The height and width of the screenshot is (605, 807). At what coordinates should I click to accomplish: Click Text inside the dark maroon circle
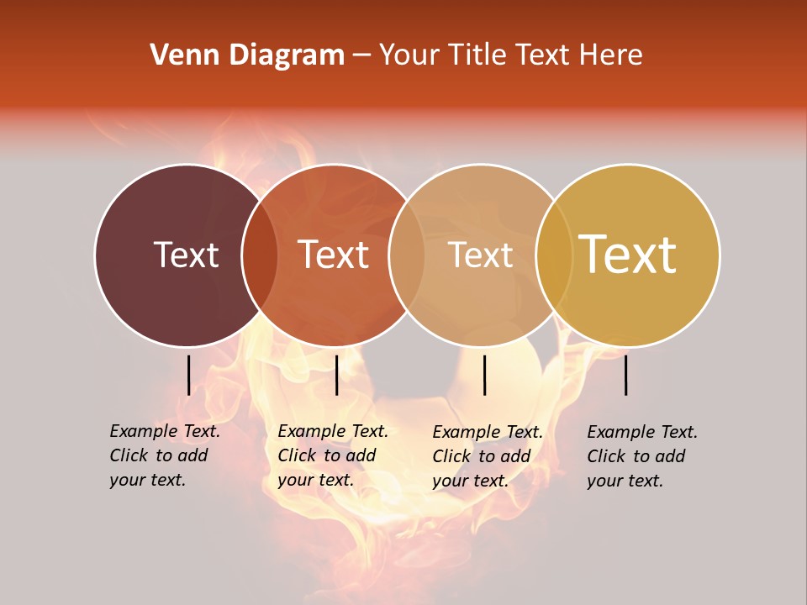tap(186, 255)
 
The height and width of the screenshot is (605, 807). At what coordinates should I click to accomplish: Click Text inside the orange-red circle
tap(333, 255)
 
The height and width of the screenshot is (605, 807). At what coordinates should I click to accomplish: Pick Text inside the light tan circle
tap(481, 255)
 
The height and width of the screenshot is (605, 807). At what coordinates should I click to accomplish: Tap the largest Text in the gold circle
tap(628, 254)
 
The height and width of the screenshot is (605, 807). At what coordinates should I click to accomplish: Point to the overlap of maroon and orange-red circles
tap(260, 255)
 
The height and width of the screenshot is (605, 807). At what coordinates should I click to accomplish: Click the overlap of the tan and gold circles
tap(553, 255)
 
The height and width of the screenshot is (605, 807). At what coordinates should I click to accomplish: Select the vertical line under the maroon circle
tap(188, 375)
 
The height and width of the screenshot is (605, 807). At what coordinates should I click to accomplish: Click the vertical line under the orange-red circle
tap(336, 375)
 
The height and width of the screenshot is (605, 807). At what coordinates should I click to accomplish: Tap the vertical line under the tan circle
tap(484, 375)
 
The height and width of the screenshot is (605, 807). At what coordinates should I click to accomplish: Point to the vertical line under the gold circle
tap(626, 375)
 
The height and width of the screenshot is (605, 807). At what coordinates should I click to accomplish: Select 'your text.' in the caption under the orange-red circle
tap(315, 480)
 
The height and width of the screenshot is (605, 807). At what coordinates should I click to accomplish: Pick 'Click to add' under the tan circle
tap(481, 456)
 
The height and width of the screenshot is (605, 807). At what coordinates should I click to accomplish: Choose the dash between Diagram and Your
tap(361, 55)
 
